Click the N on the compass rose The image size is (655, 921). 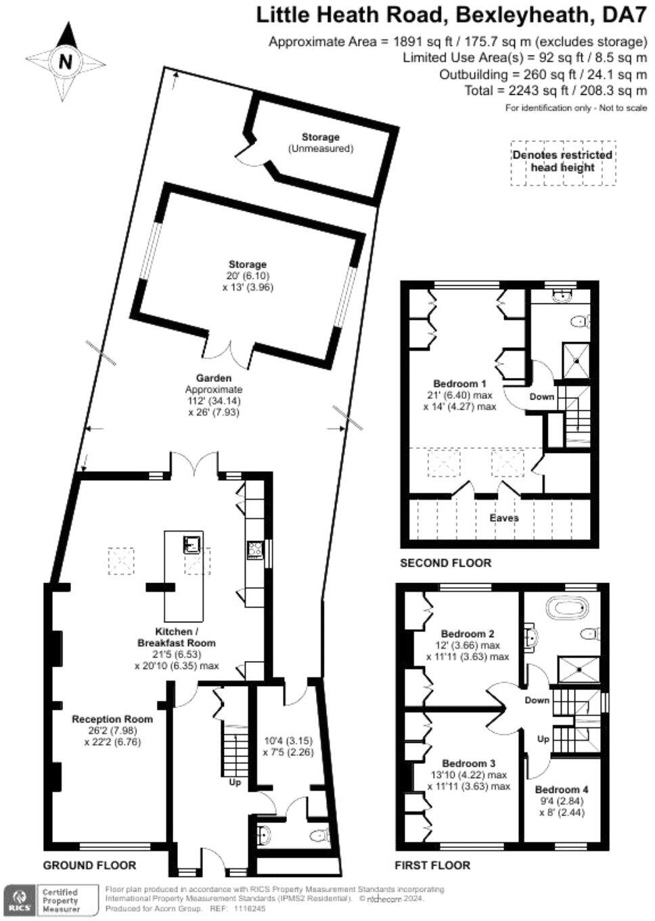[x=65, y=62]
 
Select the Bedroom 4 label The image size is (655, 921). [x=561, y=789]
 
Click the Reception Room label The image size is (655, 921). [x=112, y=719]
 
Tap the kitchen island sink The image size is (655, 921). [x=191, y=543]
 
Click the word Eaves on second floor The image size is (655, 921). [x=504, y=517]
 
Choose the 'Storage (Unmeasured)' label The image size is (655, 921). [x=321, y=142]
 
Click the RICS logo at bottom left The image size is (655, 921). [x=18, y=900]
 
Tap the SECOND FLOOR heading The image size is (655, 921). [x=445, y=563]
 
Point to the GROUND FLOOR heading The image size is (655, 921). [x=89, y=865]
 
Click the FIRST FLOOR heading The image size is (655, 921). [x=432, y=865]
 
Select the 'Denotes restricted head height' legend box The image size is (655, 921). [x=562, y=161]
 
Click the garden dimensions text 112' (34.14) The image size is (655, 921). [x=213, y=401]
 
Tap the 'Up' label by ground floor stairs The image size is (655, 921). [x=235, y=782]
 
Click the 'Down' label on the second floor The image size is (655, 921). [x=541, y=396]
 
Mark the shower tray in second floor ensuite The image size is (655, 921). [x=577, y=360]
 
